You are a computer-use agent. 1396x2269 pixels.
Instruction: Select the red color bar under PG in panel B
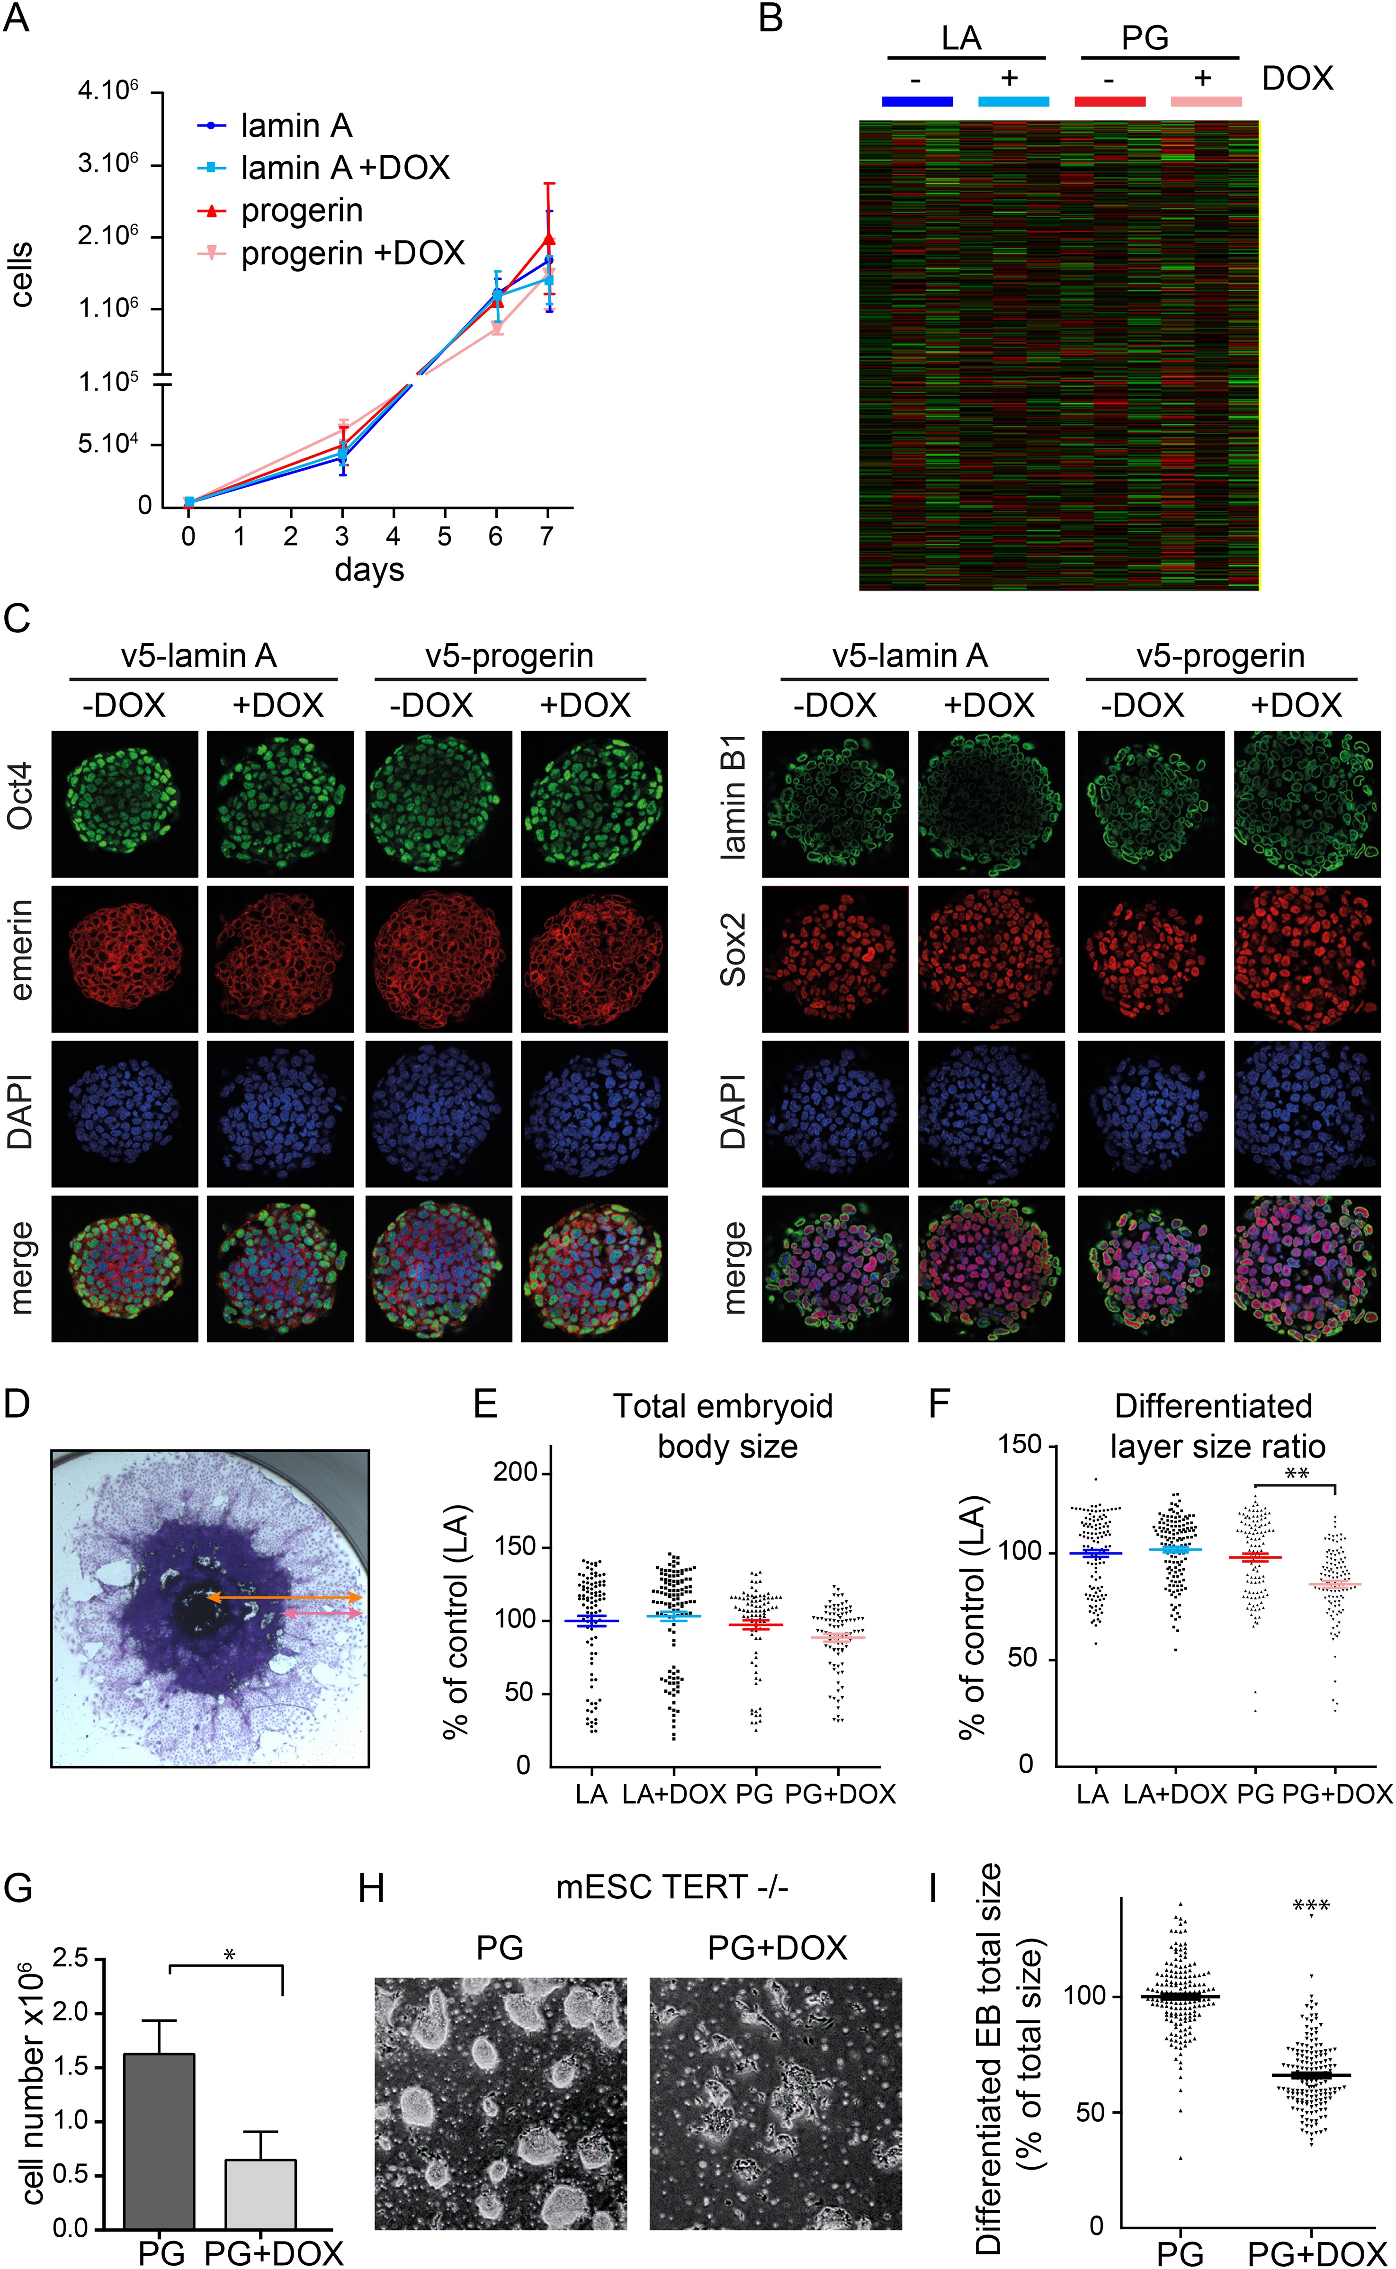pos(1110,101)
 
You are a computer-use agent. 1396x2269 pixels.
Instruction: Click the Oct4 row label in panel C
pos(20,796)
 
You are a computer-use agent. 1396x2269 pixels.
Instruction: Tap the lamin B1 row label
pos(733,805)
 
